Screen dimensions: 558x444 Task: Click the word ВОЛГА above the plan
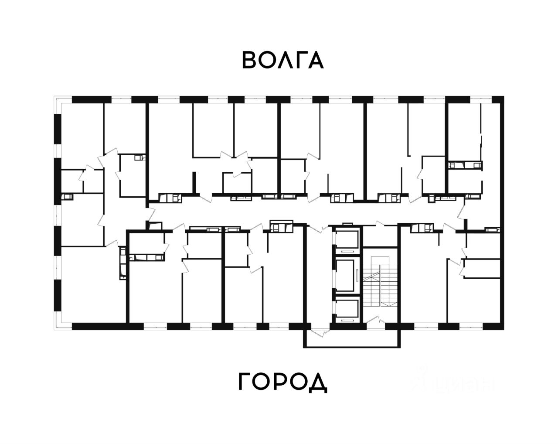[282, 60]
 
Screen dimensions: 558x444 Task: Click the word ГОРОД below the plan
[282, 383]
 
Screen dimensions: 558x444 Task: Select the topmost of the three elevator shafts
[347, 241]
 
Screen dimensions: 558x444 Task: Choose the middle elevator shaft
[347, 276]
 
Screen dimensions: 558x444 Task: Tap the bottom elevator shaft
[347, 310]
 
